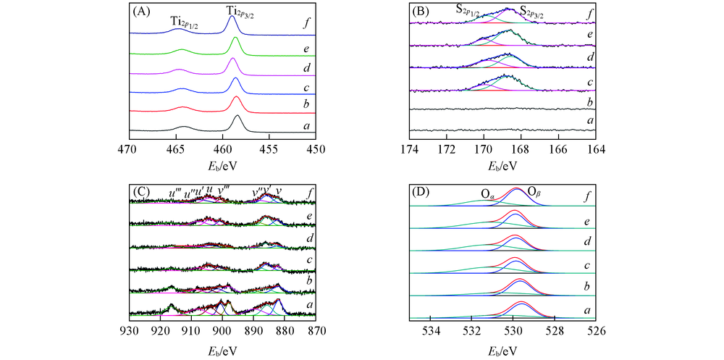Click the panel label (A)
pyautogui.click(x=142, y=12)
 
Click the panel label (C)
pyautogui.click(x=141, y=193)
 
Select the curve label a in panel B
pyautogui.click(x=591, y=120)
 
